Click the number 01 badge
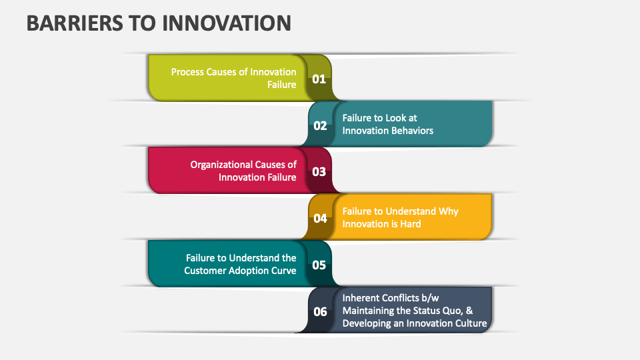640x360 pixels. point(319,79)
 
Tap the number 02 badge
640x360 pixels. point(320,125)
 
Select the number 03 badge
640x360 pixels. point(319,171)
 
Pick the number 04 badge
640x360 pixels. point(320,218)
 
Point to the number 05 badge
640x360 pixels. point(319,265)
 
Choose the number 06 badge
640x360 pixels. point(320,311)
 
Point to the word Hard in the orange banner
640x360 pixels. point(410,224)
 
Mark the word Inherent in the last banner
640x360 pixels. point(361,298)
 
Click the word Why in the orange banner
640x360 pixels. point(449,211)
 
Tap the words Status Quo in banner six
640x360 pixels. point(437,311)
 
